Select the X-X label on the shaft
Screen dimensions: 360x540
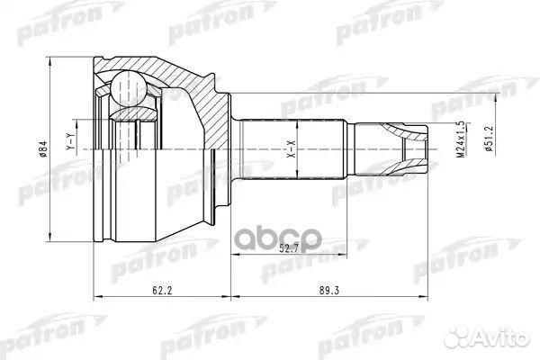[x=290, y=149]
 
